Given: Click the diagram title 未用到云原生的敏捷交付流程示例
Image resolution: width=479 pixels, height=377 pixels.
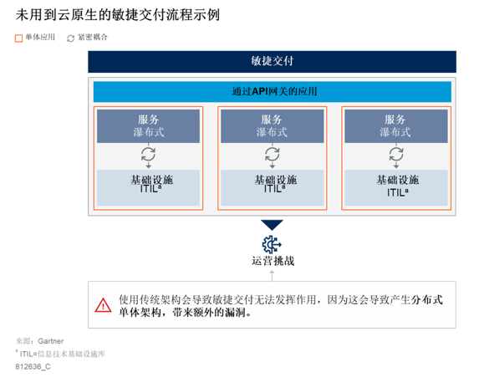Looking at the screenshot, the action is click(118, 15).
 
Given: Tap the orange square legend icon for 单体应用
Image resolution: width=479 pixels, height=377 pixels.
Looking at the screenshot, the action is click(18, 38).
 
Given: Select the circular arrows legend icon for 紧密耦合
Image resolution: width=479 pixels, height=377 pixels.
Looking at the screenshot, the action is click(70, 38).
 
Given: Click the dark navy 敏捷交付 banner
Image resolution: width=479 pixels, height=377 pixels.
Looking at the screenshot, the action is click(272, 62).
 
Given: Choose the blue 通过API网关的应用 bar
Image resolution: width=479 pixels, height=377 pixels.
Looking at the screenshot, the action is click(272, 92).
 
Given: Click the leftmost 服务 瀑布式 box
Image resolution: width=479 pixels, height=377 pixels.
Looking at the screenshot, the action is click(148, 126).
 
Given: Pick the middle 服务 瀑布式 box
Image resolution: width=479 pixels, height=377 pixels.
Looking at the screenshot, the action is click(272, 126).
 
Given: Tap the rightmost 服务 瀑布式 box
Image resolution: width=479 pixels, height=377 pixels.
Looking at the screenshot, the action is click(396, 126).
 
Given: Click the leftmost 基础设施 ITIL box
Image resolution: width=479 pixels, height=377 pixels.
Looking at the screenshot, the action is click(148, 187).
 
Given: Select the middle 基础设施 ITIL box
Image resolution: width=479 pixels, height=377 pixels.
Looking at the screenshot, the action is click(272, 187).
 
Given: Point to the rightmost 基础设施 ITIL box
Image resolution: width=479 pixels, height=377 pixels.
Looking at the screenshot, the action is click(396, 187).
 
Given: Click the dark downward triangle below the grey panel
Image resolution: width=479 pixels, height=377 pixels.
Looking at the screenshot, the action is click(272, 225).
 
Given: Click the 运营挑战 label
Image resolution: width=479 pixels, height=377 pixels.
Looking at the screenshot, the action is click(273, 261).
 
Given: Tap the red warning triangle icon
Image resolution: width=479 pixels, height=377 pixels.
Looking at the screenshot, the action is click(104, 305).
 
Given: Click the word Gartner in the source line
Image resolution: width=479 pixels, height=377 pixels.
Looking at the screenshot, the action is click(51, 341).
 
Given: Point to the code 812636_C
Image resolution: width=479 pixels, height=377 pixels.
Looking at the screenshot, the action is click(33, 366).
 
